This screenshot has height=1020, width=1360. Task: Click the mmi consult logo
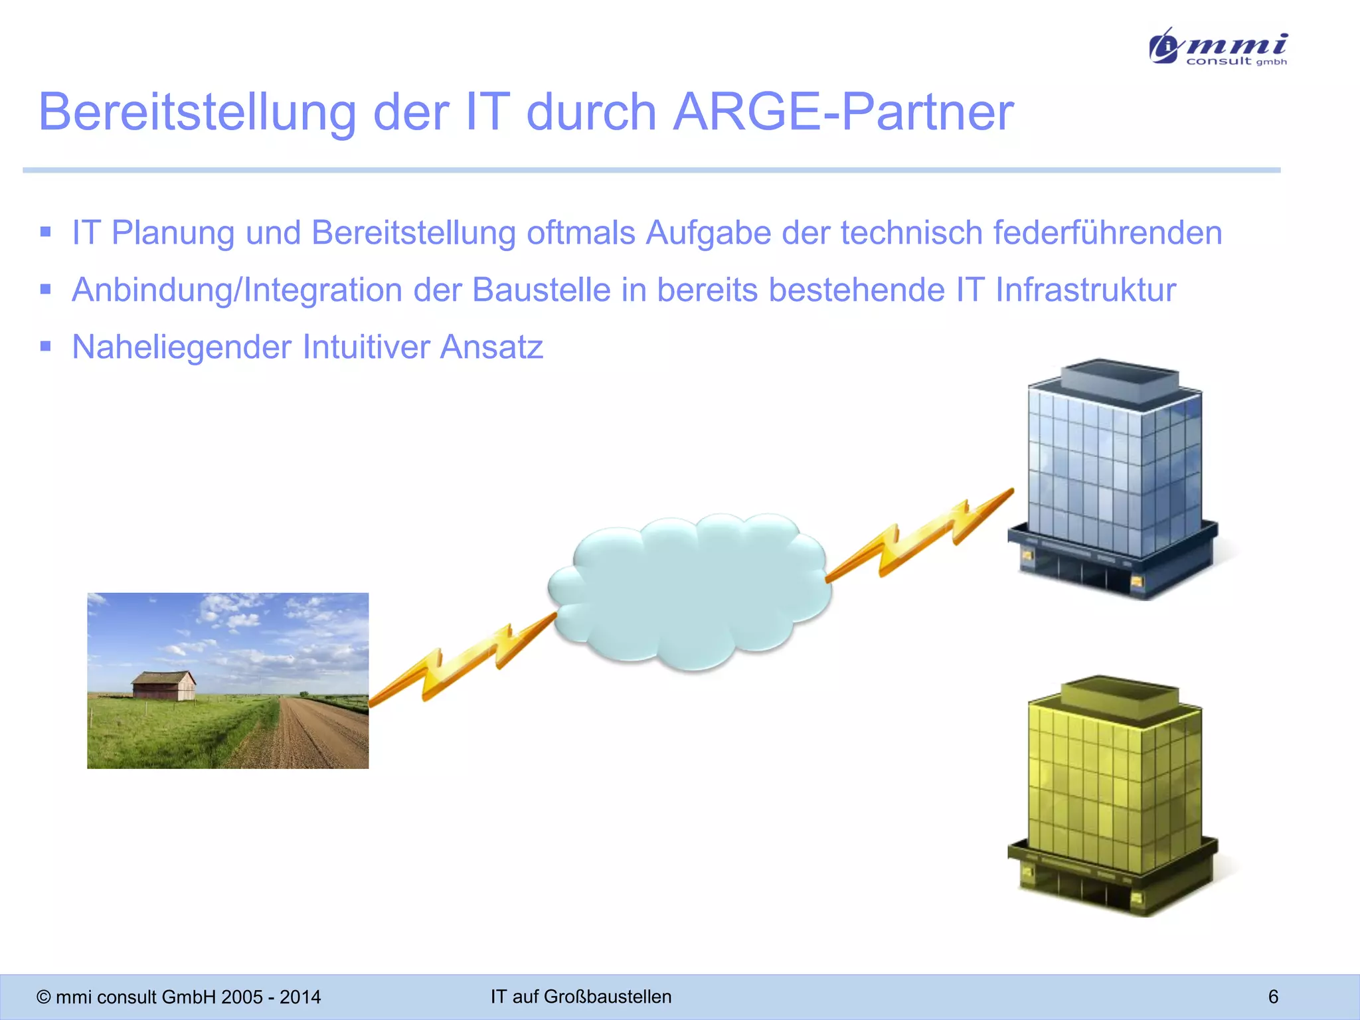(1219, 46)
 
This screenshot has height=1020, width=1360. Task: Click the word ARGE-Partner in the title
(843, 112)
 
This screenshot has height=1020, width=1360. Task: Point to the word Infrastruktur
(1085, 290)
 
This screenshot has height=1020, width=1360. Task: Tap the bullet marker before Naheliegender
(46, 346)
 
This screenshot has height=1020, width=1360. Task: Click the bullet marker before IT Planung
(46, 232)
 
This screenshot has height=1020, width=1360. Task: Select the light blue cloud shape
(691, 591)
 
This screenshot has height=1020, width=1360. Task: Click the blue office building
(1112, 478)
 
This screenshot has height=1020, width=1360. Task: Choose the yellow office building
(1112, 797)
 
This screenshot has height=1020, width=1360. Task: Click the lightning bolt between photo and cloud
(462, 664)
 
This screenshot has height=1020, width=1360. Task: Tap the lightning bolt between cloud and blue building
(920, 535)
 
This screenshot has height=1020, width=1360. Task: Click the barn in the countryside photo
(163, 685)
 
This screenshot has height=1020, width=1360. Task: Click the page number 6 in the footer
(1273, 996)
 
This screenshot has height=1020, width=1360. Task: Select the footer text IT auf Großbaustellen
(581, 996)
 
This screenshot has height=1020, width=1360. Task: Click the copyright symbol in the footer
(44, 997)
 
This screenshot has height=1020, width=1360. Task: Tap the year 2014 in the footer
(300, 997)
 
